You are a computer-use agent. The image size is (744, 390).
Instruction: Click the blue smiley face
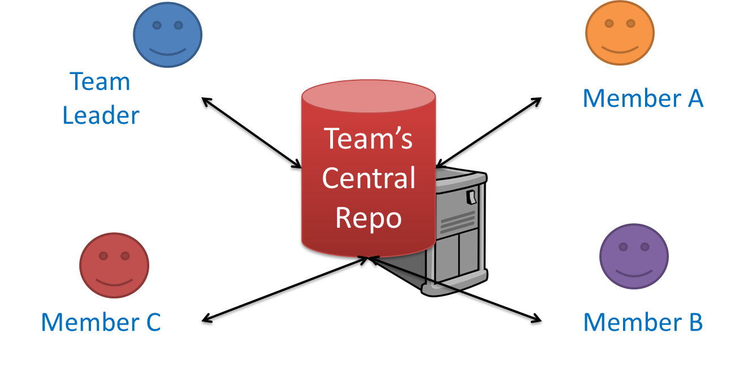(167, 33)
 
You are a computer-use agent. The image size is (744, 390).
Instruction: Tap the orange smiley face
(620, 33)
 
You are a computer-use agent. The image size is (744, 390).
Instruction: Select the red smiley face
(114, 265)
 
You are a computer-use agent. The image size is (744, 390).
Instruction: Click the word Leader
(101, 115)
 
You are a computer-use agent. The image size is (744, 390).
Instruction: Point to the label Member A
(643, 98)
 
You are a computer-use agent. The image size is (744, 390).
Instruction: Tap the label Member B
(643, 322)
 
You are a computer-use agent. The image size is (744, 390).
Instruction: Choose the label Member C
(101, 322)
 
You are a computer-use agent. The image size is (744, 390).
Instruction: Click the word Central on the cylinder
(369, 179)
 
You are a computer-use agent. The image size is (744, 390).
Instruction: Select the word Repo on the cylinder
(368, 217)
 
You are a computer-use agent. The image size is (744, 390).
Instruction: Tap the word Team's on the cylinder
(368, 139)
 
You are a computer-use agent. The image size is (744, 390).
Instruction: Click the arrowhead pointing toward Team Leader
(206, 102)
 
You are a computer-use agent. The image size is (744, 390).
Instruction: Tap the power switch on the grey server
(470, 197)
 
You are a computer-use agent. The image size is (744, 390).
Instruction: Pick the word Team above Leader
(100, 82)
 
